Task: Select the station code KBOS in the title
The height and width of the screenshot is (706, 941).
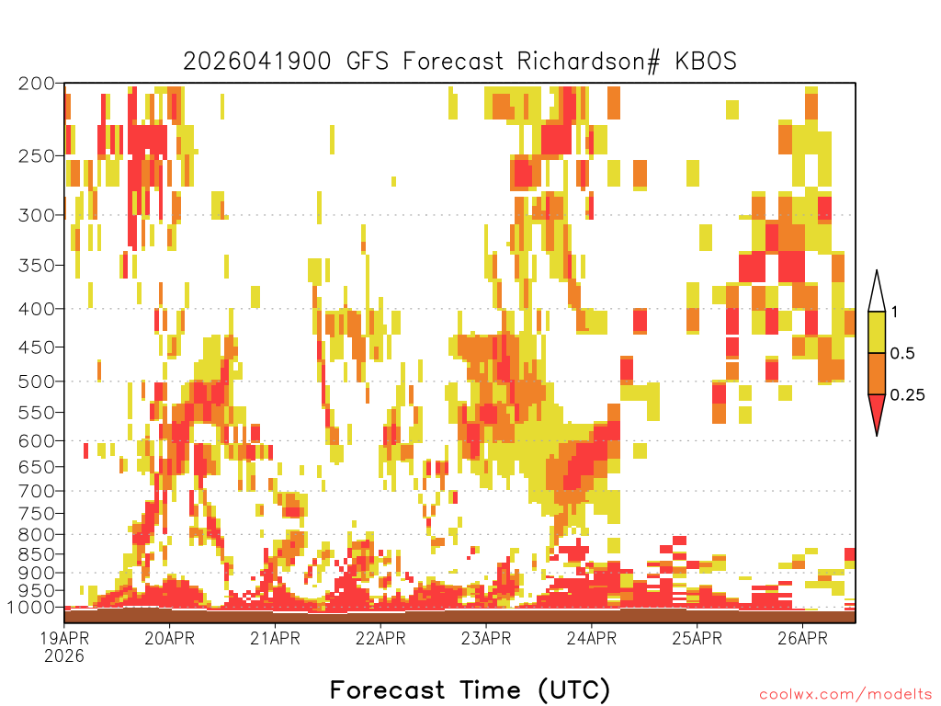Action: click(706, 62)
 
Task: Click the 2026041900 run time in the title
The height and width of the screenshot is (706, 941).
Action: click(257, 62)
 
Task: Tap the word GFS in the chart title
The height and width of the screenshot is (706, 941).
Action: click(367, 62)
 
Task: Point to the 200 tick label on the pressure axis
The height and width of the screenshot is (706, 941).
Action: click(36, 84)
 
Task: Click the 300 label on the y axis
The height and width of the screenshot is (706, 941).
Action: click(36, 215)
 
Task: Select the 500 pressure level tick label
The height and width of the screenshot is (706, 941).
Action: click(36, 381)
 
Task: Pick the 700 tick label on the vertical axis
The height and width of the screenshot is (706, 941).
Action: click(36, 491)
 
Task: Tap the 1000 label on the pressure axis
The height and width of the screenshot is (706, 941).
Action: click(30, 607)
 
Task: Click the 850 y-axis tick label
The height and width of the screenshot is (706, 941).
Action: click(36, 554)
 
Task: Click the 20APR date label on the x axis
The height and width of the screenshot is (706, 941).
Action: click(169, 638)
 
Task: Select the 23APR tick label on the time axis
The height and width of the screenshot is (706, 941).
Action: click(486, 638)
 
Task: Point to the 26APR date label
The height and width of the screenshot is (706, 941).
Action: click(802, 638)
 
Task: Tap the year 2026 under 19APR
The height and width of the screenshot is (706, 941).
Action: click(63, 655)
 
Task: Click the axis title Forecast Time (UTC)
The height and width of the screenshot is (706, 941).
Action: click(470, 690)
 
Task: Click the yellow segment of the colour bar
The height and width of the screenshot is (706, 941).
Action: click(877, 332)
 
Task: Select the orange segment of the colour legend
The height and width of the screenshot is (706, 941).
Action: click(877, 373)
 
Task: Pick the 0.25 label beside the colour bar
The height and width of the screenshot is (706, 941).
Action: click(907, 395)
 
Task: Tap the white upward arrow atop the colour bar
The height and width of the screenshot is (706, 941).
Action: click(877, 291)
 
